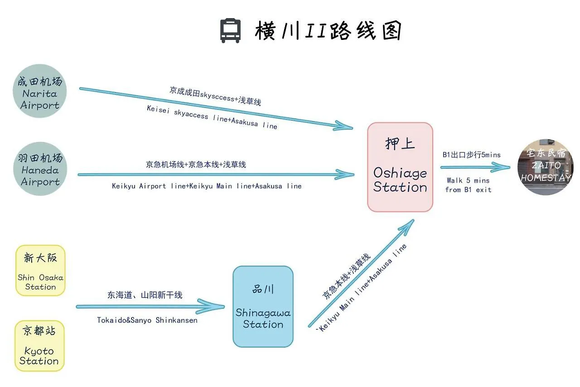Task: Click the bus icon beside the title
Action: pyautogui.click(x=230, y=30)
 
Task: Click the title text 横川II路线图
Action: pyautogui.click(x=328, y=31)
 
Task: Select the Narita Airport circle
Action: pyautogui.click(x=40, y=91)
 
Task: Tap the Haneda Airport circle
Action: pyautogui.click(x=40, y=168)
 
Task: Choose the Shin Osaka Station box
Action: pyautogui.click(x=40, y=270)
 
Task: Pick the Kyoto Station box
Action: pyautogui.click(x=40, y=346)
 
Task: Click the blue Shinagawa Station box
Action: pyautogui.click(x=263, y=306)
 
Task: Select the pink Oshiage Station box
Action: pyautogui.click(x=400, y=167)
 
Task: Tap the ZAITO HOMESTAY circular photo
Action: pyautogui.click(x=546, y=167)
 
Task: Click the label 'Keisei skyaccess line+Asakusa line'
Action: pyautogui.click(x=212, y=118)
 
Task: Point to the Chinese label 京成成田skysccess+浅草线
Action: pyautogui.click(x=216, y=96)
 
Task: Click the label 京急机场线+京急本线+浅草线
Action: pyautogui.click(x=196, y=165)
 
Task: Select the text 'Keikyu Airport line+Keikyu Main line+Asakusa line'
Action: pyautogui.click(x=207, y=186)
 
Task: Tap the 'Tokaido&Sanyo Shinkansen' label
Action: pyautogui.click(x=147, y=320)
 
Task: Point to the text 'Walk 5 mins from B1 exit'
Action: pyautogui.click(x=468, y=185)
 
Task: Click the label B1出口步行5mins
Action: pyautogui.click(x=472, y=155)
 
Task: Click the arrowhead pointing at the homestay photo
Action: pyautogui.click(x=500, y=167)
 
